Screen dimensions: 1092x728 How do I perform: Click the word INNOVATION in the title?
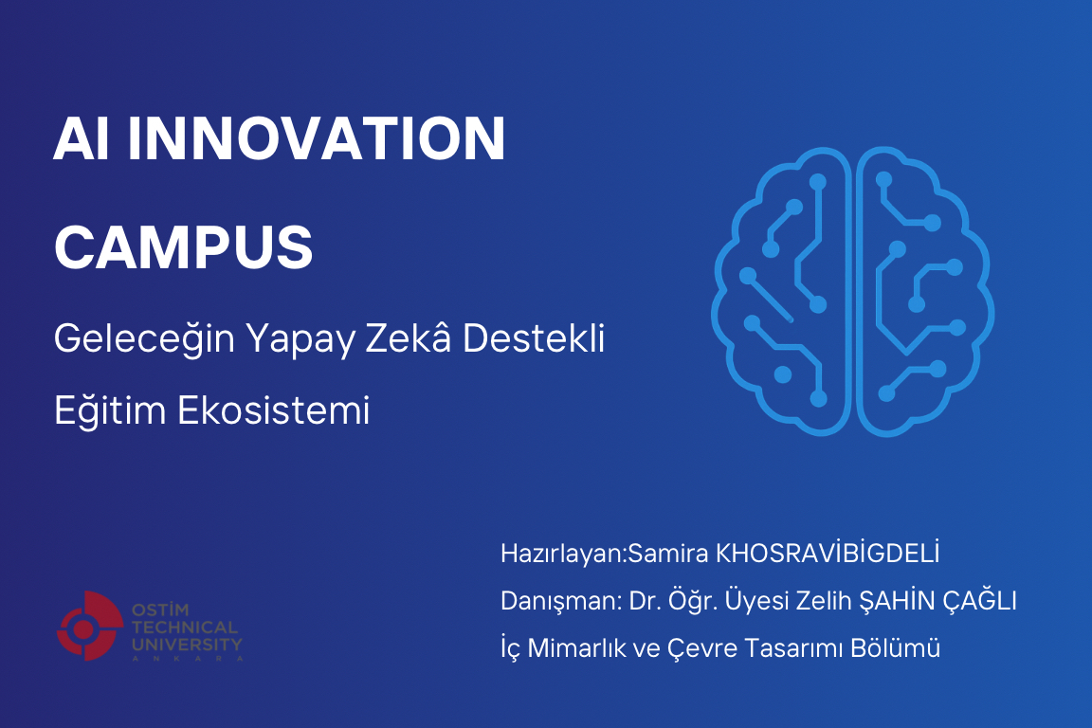317,138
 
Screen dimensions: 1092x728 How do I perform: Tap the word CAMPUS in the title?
184,247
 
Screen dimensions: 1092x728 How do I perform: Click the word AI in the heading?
82,138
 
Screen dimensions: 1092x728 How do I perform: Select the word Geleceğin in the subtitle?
144,339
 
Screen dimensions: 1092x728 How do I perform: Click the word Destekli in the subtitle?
534,338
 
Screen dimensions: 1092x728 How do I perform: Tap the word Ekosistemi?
273,410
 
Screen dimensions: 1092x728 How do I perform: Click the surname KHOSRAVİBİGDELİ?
828,554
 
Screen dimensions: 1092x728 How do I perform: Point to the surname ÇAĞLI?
980,600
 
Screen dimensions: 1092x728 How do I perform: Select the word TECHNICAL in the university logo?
185,628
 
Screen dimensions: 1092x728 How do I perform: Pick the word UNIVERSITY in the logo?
187,645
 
